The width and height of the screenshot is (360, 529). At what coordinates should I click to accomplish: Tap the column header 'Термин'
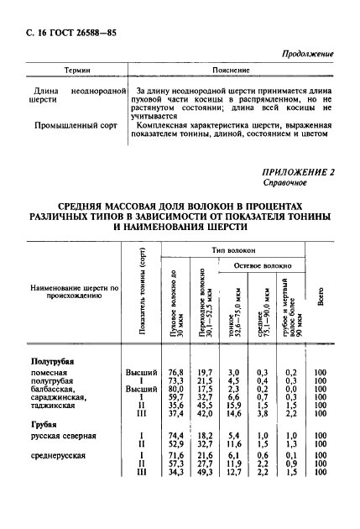point(76,71)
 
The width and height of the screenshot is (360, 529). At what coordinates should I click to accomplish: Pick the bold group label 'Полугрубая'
point(52,361)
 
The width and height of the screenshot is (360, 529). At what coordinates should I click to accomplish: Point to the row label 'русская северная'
point(63,436)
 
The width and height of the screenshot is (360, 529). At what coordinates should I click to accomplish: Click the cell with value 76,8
point(175,372)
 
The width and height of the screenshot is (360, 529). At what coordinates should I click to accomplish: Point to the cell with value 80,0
point(175,389)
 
